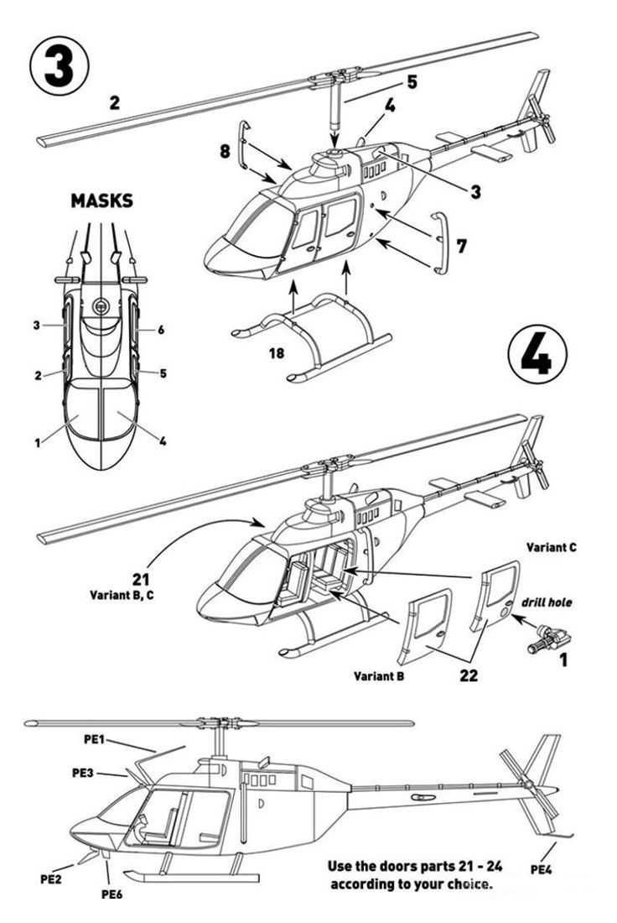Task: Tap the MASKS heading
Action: (101, 201)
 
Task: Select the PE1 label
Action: (95, 738)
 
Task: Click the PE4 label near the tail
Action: (541, 868)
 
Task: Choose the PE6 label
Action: (112, 894)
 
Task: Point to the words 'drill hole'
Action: (546, 602)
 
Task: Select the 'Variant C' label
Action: (551, 547)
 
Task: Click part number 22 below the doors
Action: (469, 675)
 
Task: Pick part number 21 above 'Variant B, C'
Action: (142, 578)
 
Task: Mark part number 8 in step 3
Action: (225, 152)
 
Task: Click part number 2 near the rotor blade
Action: (115, 104)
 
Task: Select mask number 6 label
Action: (161, 330)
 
